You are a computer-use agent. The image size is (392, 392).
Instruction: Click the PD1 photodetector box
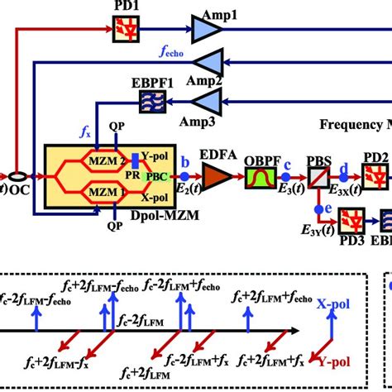[x=122, y=31]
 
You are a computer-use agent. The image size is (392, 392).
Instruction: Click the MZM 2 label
[x=110, y=158]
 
